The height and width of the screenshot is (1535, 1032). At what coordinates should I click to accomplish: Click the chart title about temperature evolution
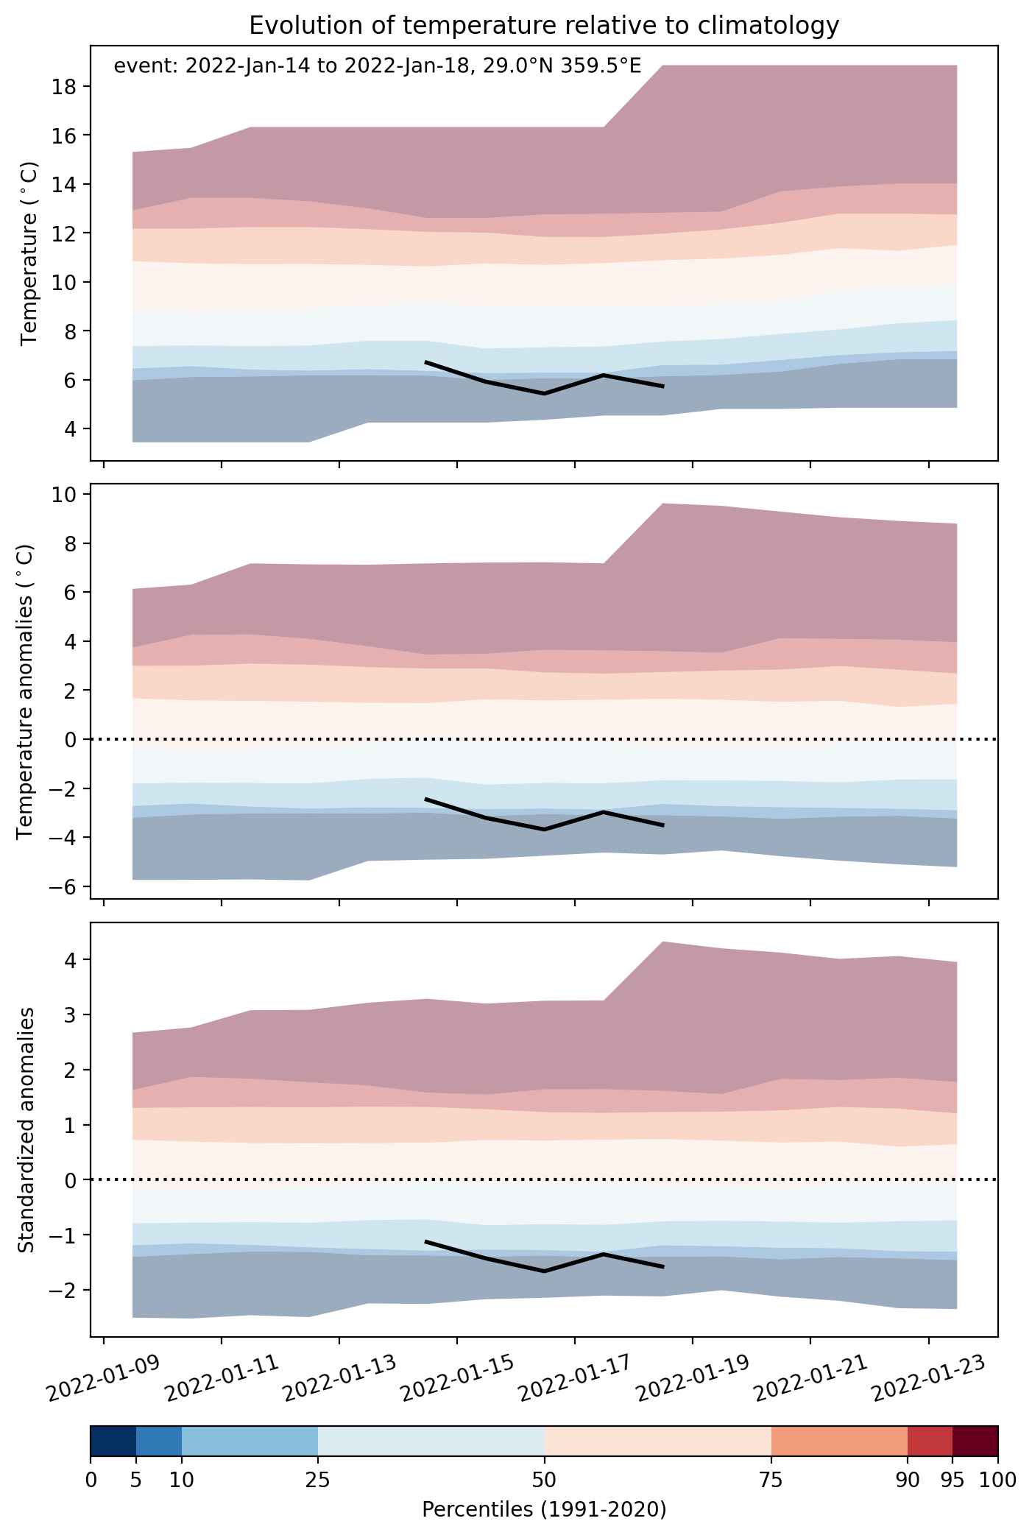pos(544,26)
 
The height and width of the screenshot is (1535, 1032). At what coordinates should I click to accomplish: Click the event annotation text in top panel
pos(378,66)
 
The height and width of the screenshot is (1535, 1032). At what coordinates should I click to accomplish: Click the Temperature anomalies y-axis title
pos(25,691)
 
